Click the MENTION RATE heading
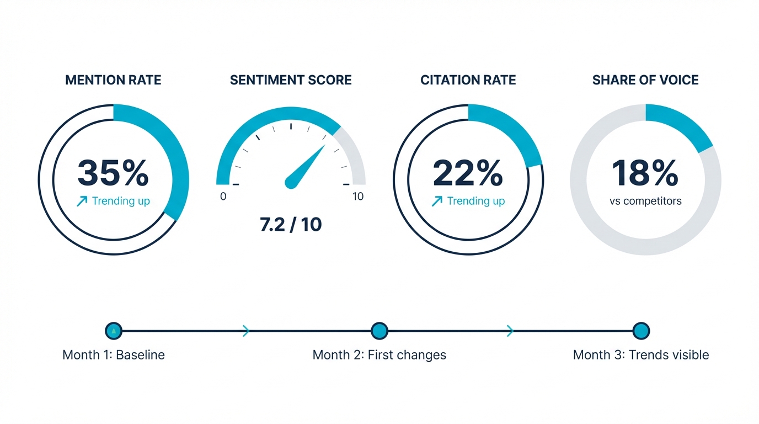click(x=113, y=80)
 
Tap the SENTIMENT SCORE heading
click(x=291, y=80)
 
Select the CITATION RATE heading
click(x=468, y=80)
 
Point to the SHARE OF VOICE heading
click(x=645, y=80)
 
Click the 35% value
click(x=113, y=173)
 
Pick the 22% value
click(x=468, y=173)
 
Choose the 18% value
click(x=645, y=173)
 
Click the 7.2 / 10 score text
click(x=291, y=225)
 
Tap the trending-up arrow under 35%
click(x=82, y=202)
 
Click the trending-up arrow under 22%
click(x=437, y=202)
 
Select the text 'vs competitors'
click(x=645, y=201)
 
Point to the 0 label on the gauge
click(x=223, y=197)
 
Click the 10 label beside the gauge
click(x=358, y=197)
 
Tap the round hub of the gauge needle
click(x=291, y=182)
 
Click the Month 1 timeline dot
click(x=113, y=331)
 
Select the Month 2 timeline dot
click(x=379, y=331)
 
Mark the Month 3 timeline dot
click(x=641, y=331)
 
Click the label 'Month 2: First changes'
click(x=379, y=355)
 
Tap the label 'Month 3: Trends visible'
click(x=641, y=355)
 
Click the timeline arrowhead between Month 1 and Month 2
click(x=246, y=331)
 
